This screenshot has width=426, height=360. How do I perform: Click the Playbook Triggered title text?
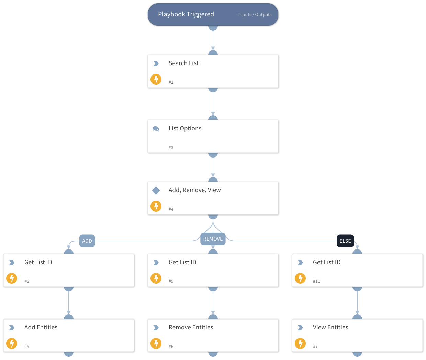tap(186, 14)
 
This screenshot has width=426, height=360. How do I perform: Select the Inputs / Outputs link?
tap(255, 15)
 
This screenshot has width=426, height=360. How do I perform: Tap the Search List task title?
tap(183, 63)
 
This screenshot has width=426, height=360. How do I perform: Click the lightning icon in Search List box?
tap(156, 79)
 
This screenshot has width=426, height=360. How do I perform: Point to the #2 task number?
tap(171, 82)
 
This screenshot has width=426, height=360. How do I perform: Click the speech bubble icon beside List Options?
tap(156, 129)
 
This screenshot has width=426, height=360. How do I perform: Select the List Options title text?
tap(185, 128)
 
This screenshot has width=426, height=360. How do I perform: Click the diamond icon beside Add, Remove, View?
tap(156, 190)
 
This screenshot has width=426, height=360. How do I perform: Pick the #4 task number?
tap(171, 209)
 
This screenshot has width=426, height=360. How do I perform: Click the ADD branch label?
tap(87, 241)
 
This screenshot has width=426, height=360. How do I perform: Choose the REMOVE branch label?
tap(213, 239)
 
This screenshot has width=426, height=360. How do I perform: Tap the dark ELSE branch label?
tap(345, 241)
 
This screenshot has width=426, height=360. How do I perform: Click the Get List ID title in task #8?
tap(38, 262)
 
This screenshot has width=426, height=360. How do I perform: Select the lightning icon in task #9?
tap(156, 278)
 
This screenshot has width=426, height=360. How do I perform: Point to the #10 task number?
tap(316, 281)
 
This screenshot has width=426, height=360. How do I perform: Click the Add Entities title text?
tap(41, 327)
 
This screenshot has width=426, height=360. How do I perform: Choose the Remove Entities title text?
tap(191, 327)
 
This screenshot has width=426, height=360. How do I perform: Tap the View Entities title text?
tap(330, 327)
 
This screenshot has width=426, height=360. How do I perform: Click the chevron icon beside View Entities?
tap(300, 328)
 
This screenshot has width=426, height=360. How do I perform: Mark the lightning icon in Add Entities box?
tap(12, 344)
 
